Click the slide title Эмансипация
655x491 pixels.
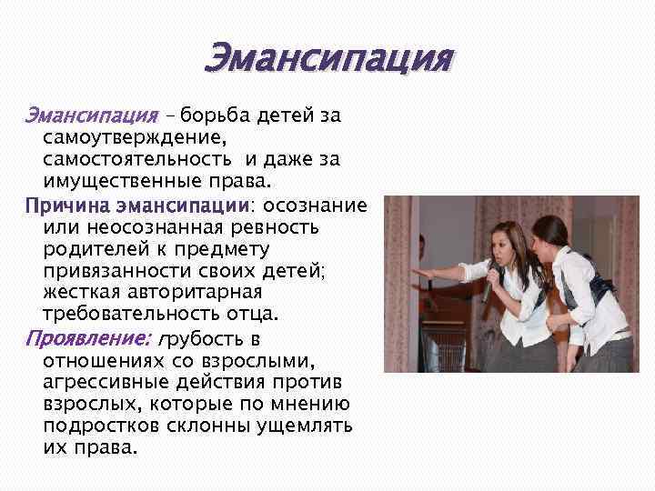[x=327, y=60]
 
